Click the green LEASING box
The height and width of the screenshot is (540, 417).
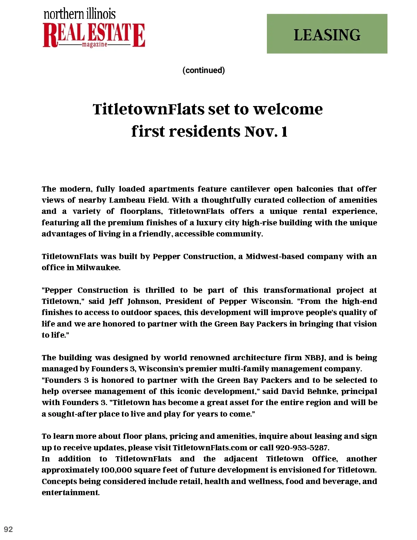coord(327,34)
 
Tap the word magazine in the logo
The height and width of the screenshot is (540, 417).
coord(95,45)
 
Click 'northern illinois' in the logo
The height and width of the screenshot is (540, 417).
coord(80,14)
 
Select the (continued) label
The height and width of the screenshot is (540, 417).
coord(204,70)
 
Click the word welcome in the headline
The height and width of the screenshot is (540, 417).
coord(288,109)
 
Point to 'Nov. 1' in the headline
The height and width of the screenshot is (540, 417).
coord(266,131)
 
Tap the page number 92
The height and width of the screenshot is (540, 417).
coord(8,529)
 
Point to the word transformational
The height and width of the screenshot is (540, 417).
coord(297,290)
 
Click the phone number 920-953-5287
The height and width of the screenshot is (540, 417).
coord(302,448)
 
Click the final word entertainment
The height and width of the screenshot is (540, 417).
coord(70,492)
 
